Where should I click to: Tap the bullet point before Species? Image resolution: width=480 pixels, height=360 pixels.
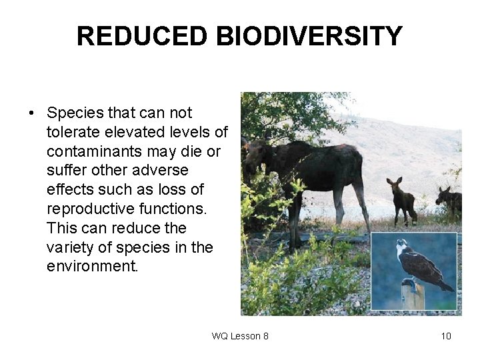coord(32,114)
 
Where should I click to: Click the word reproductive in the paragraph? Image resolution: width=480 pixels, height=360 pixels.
coord(87,209)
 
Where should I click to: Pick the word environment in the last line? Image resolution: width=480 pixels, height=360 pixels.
coord(91,266)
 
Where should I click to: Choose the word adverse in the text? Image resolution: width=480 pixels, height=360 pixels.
coord(163,171)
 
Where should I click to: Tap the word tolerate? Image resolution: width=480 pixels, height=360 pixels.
coord(71,133)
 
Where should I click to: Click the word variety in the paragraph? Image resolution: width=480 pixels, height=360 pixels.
coord(67,247)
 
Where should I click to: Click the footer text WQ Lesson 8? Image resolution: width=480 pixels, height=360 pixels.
coord(240,336)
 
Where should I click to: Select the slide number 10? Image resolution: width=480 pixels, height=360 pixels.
coord(445,336)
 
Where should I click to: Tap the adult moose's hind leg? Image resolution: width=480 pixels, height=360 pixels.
coord(359,200)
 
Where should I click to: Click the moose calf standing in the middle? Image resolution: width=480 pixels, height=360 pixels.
coord(402,200)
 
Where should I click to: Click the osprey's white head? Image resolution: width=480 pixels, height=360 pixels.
coord(401,247)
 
